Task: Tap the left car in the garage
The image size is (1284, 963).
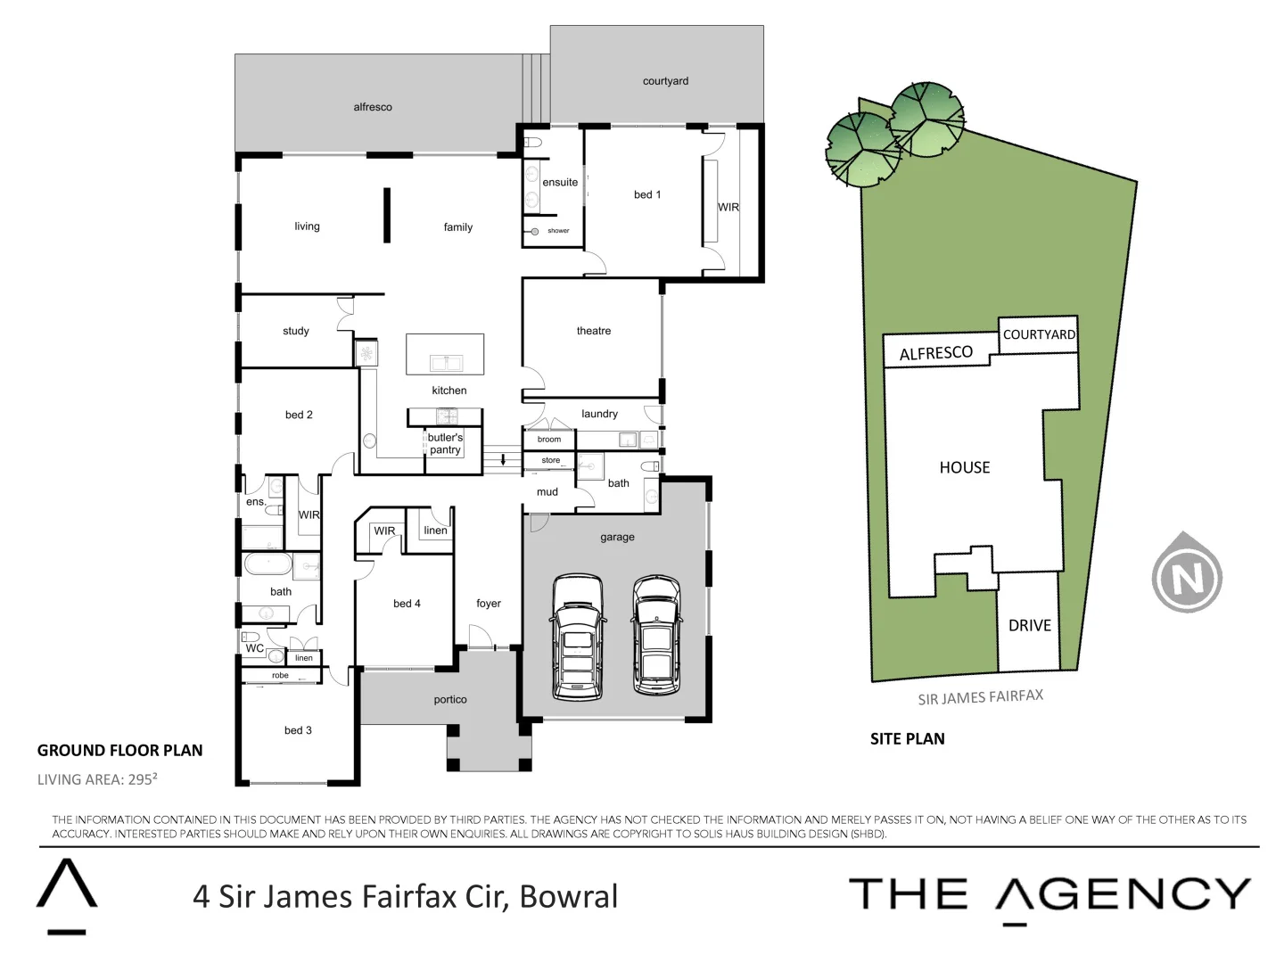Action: click(579, 636)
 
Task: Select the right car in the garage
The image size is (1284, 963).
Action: click(656, 634)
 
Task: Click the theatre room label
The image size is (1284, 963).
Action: click(594, 331)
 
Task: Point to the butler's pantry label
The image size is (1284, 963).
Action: click(445, 444)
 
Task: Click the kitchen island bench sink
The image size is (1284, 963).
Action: click(446, 362)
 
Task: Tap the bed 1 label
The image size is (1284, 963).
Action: click(647, 194)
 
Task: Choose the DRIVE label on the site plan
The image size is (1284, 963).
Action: click(1029, 626)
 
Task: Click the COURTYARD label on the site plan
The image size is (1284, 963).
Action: click(1039, 334)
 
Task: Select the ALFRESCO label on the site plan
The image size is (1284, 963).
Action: click(935, 353)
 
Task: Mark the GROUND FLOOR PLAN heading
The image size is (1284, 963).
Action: click(119, 751)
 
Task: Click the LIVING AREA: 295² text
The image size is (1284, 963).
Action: click(97, 779)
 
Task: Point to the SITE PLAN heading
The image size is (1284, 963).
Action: click(907, 739)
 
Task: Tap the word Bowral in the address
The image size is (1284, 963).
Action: click(568, 896)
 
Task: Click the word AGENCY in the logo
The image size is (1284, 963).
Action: click(1123, 894)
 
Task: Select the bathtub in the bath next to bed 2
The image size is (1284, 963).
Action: click(267, 564)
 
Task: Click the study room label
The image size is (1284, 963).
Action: click(296, 331)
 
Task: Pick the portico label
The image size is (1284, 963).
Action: click(450, 700)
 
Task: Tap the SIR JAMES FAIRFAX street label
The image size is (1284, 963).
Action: click(980, 697)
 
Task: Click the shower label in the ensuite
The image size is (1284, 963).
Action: click(558, 231)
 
